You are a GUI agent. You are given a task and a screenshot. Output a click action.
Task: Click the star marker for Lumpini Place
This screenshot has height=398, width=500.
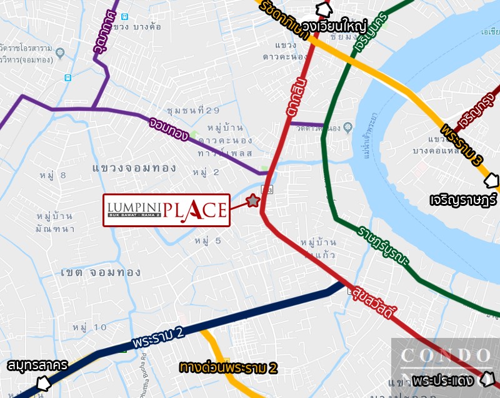tap(252, 201)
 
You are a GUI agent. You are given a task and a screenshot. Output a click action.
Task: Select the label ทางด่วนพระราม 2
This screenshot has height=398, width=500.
tap(227, 367)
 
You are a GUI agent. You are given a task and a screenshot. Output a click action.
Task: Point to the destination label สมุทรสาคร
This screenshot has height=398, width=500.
tap(37, 365)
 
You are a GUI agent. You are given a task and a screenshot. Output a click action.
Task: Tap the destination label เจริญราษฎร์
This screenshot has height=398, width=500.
tap(463, 202)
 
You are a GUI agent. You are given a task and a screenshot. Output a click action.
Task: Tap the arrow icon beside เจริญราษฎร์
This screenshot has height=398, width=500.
tap(492, 181)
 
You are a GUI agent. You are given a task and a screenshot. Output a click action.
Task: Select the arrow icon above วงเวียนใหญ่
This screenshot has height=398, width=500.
tap(324, 9)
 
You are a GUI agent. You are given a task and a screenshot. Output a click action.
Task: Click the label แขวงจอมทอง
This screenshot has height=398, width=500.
tap(134, 168)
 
